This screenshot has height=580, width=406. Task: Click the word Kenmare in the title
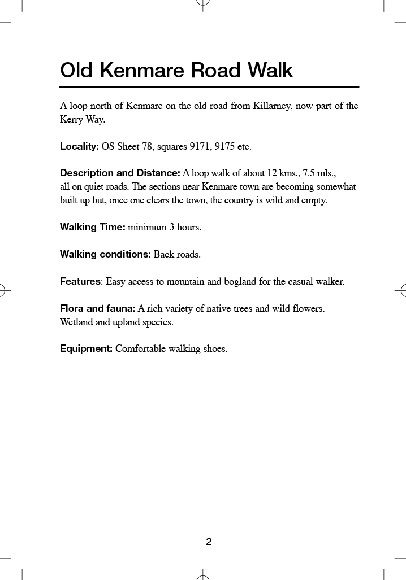click(x=143, y=71)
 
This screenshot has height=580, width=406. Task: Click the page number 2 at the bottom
click(x=209, y=542)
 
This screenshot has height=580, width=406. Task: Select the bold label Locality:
click(x=80, y=147)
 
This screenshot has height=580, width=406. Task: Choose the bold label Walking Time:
click(x=93, y=228)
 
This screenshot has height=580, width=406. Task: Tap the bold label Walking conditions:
click(x=105, y=254)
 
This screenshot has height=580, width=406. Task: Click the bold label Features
click(x=80, y=281)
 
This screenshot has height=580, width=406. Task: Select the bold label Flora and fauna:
click(x=97, y=308)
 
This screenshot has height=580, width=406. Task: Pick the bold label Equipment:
click(x=87, y=348)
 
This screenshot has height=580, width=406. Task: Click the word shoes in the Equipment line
click(x=215, y=348)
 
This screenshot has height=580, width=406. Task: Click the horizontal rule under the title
click(x=209, y=87)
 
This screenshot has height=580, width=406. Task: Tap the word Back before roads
click(x=164, y=254)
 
